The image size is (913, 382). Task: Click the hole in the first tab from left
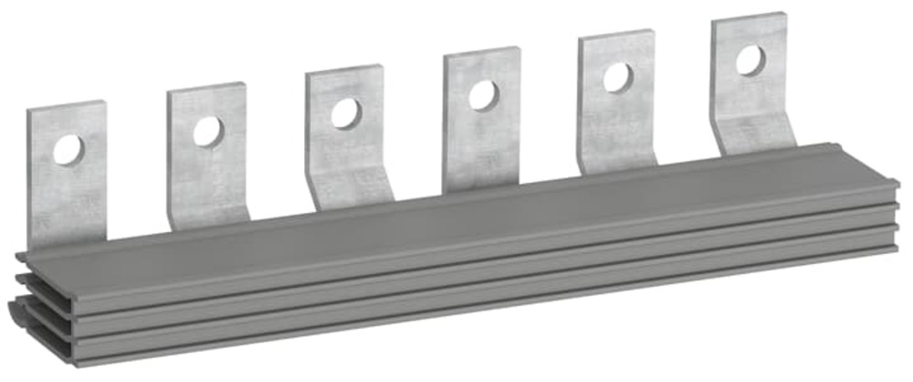[68, 149]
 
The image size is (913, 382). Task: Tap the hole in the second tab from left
[207, 132]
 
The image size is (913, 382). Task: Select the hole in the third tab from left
[345, 113]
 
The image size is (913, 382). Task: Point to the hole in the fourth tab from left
[482, 95]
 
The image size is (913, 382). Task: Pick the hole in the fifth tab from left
[617, 78]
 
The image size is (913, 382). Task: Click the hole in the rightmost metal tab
[750, 60]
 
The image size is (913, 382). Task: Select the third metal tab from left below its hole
[347, 151]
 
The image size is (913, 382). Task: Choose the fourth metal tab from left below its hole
[484, 146]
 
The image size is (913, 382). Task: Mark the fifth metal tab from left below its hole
[619, 128]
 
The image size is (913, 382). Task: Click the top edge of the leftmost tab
[66, 106]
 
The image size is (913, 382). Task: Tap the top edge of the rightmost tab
[748, 17]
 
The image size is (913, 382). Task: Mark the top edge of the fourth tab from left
[481, 54]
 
